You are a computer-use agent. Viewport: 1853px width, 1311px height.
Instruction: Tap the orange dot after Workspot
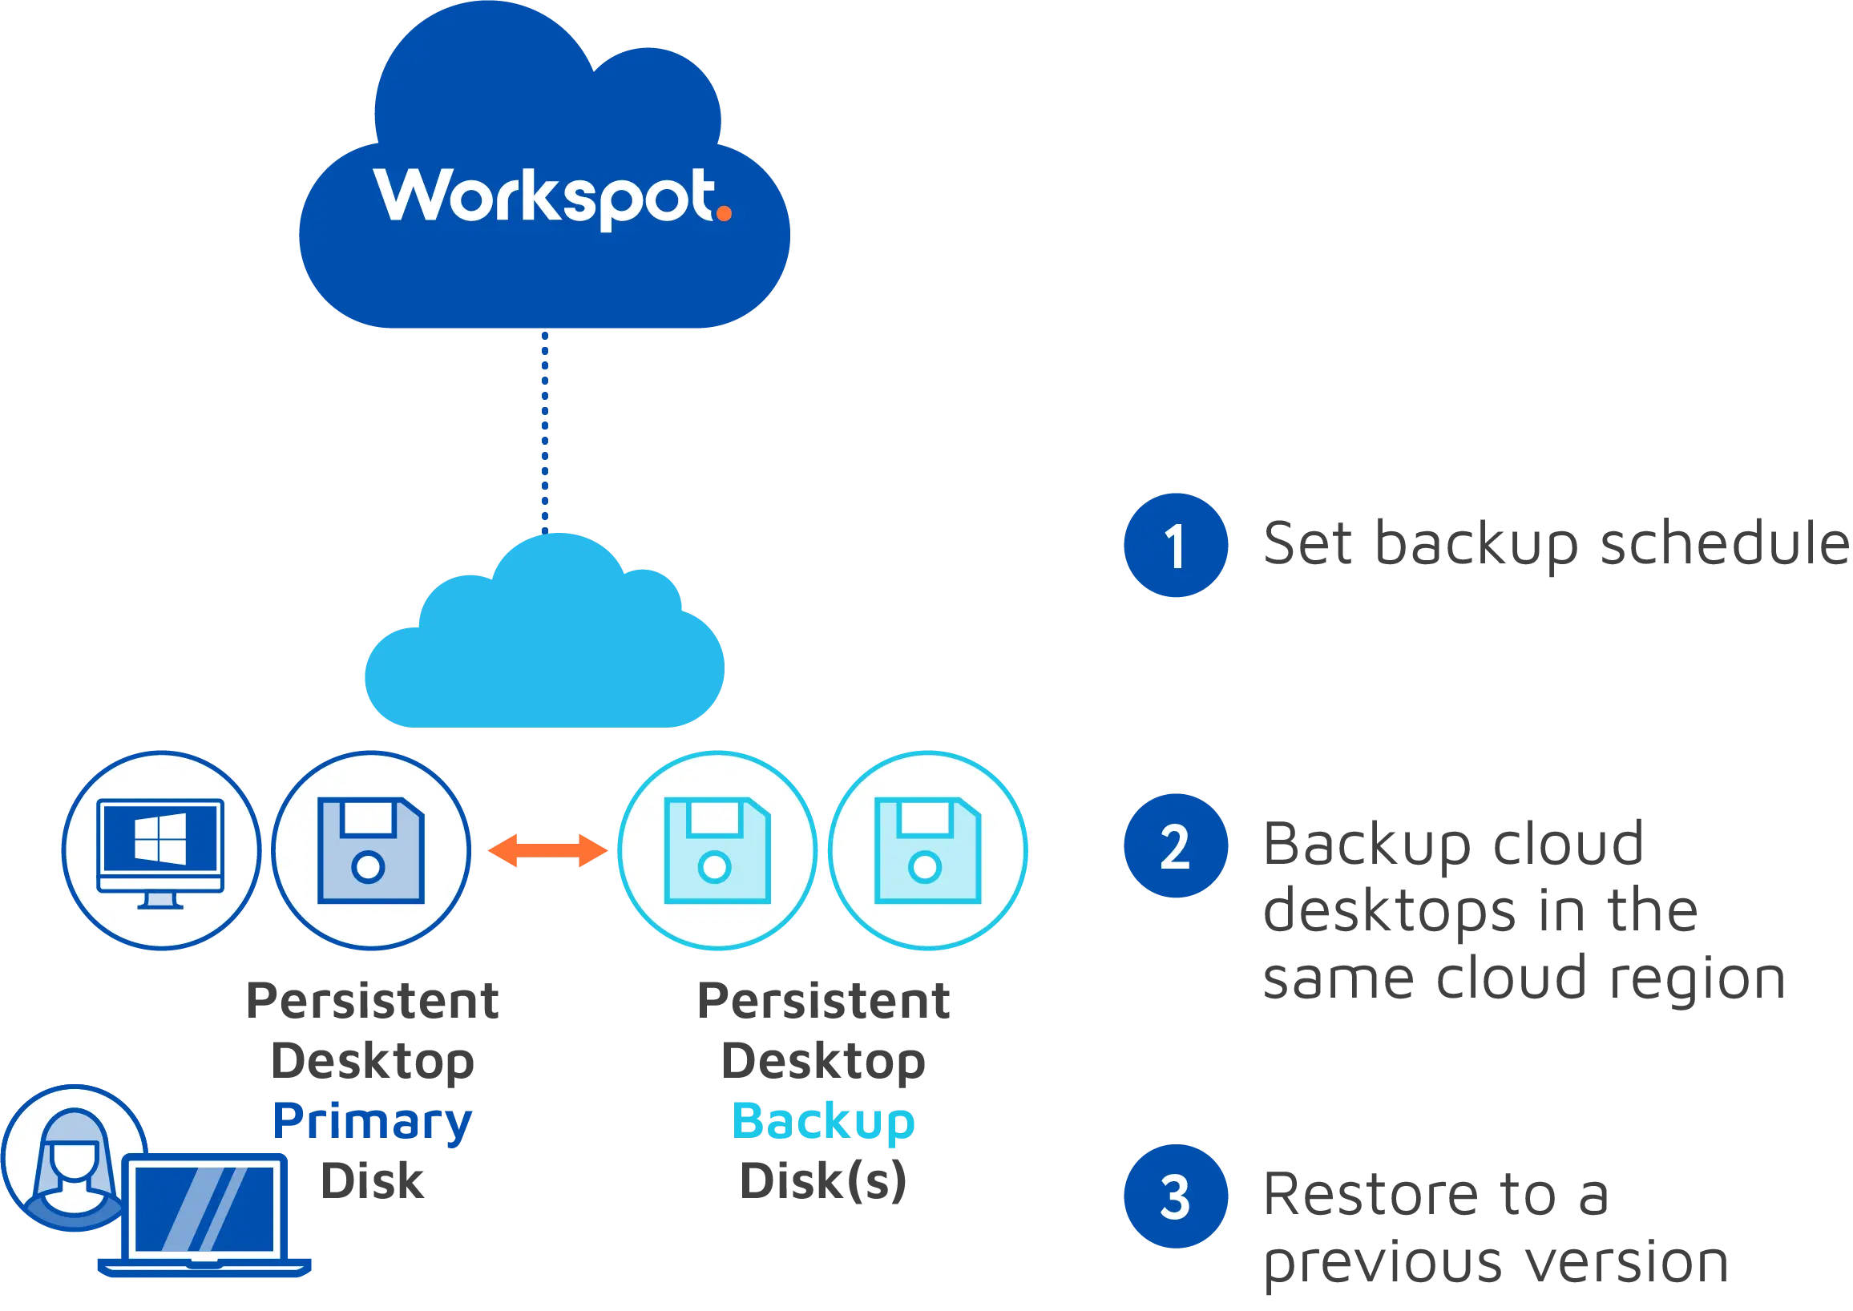(724, 213)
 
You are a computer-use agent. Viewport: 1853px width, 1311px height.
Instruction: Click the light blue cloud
(543, 646)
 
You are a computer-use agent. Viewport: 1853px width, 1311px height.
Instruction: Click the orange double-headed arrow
(547, 852)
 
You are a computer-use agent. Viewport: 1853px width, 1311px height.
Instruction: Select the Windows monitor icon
(160, 851)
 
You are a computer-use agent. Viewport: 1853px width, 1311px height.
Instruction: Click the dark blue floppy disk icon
(370, 851)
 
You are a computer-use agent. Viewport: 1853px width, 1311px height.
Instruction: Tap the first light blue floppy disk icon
(717, 851)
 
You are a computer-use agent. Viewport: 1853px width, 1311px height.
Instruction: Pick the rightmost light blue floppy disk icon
(928, 851)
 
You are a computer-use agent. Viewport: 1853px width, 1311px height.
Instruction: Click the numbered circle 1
(1176, 545)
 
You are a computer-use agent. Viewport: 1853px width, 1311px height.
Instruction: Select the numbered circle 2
(1176, 846)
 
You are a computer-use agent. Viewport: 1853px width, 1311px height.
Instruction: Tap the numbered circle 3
(1176, 1196)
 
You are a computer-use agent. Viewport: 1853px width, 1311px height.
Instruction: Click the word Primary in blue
(371, 1122)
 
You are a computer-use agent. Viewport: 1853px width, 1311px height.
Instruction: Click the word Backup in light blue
(823, 1122)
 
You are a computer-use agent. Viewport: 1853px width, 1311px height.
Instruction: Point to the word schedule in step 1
(1724, 543)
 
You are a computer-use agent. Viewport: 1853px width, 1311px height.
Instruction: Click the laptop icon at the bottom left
(206, 1219)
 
